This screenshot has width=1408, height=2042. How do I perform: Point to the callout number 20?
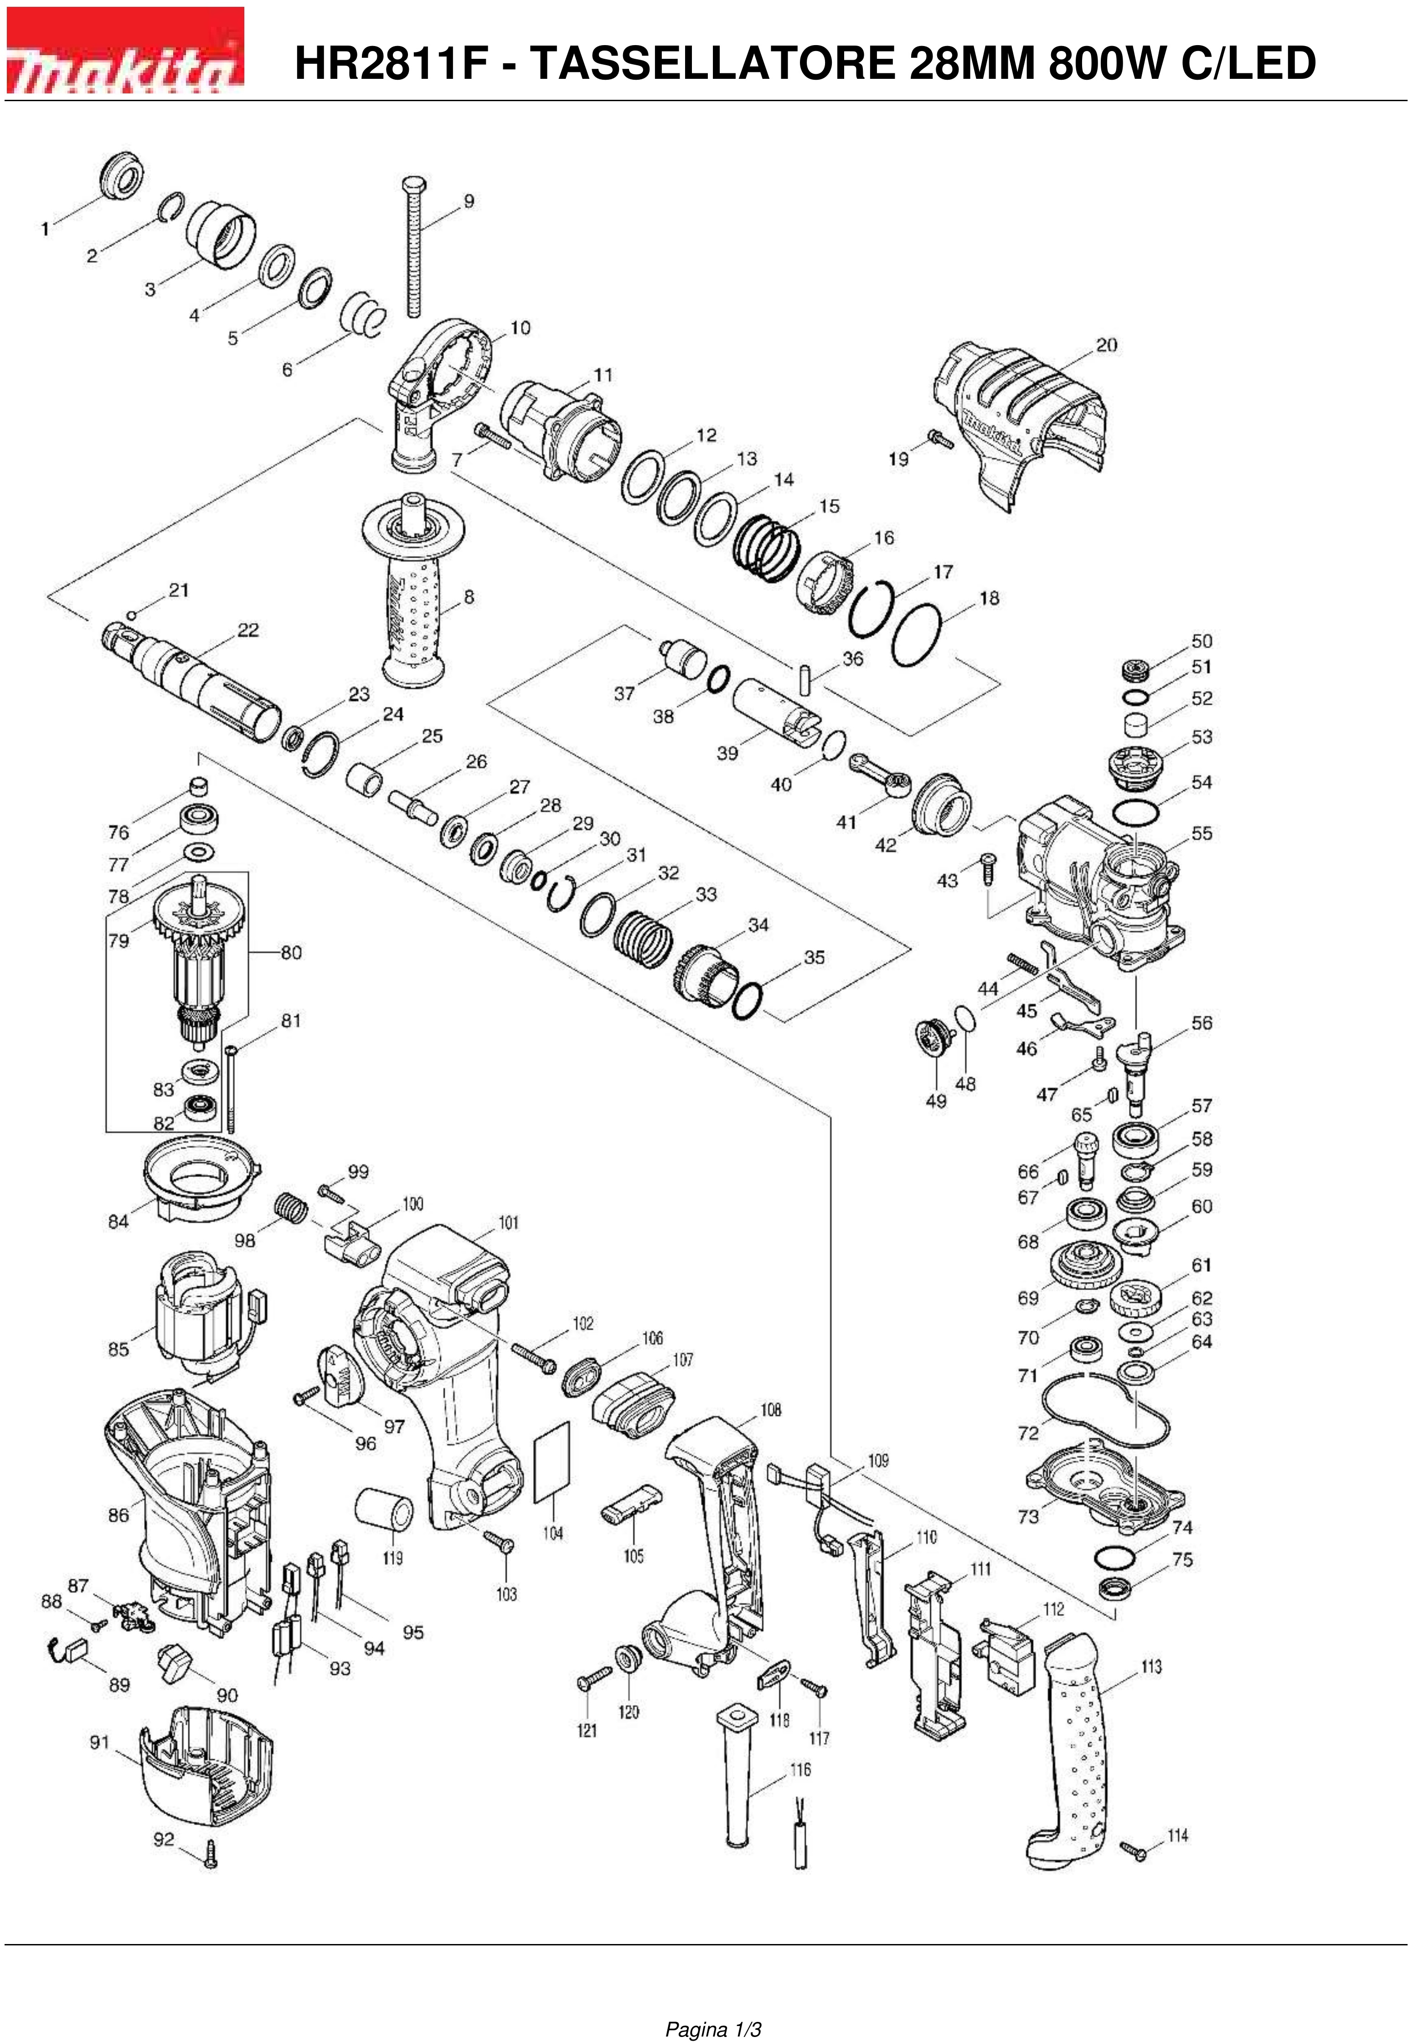(1106, 345)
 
